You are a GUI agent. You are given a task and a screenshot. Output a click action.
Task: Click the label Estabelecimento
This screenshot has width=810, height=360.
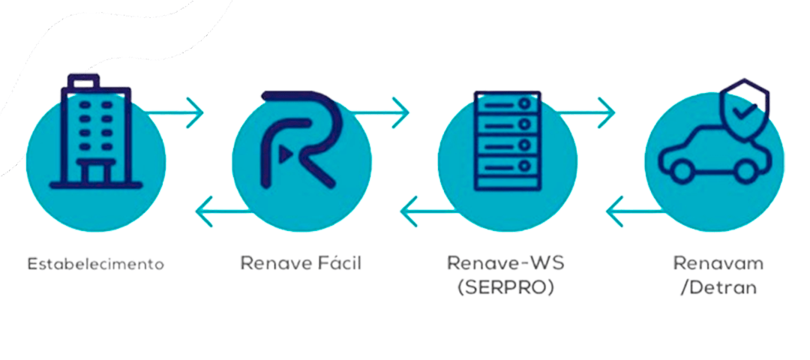pyautogui.click(x=95, y=264)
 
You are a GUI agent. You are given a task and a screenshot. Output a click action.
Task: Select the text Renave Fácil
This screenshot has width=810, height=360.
pyautogui.click(x=301, y=264)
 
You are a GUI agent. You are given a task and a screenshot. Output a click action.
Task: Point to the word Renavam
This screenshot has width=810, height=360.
pyautogui.click(x=718, y=264)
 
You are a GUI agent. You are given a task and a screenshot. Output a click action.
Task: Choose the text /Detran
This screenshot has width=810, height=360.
pyautogui.click(x=718, y=288)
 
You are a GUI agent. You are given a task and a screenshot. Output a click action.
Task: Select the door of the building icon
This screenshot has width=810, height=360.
pyautogui.click(x=94, y=172)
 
